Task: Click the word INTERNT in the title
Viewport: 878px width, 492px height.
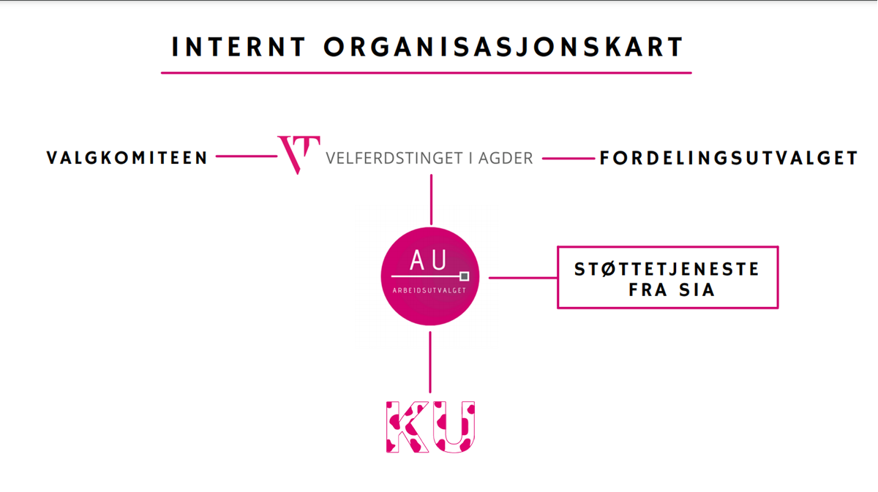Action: point(239,47)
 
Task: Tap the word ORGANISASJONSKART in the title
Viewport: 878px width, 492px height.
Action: point(503,47)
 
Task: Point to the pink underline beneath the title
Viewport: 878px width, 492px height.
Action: point(426,73)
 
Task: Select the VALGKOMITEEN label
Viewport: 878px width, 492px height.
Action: point(127,158)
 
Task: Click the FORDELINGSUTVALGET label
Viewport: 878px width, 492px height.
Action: point(729,158)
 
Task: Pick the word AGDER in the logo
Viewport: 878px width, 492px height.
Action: point(506,158)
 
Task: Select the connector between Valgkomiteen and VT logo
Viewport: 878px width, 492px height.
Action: point(247,156)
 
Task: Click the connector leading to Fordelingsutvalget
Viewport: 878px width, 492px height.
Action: point(569,159)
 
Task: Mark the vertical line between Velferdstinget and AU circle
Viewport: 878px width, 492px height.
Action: point(431,200)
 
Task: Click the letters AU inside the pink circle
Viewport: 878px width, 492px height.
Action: point(428,260)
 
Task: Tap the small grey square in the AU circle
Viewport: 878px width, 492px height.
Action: point(464,276)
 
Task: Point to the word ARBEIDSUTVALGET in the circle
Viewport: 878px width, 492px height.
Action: point(429,290)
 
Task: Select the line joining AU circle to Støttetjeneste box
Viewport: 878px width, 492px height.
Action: point(523,278)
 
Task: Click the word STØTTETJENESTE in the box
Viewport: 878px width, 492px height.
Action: point(667,269)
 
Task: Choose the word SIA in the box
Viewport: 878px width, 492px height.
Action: point(697,290)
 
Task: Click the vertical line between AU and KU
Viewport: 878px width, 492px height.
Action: point(430,363)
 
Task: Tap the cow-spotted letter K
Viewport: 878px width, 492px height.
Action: point(407,427)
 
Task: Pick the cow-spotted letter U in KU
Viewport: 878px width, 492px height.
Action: point(454,427)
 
